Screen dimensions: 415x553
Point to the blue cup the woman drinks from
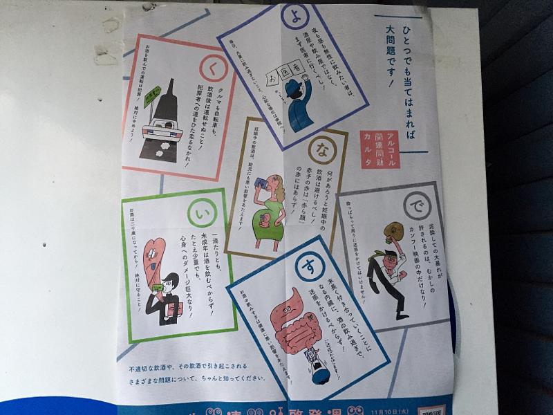tap(263, 183)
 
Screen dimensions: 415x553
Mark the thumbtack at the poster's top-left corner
tap(148, 7)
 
